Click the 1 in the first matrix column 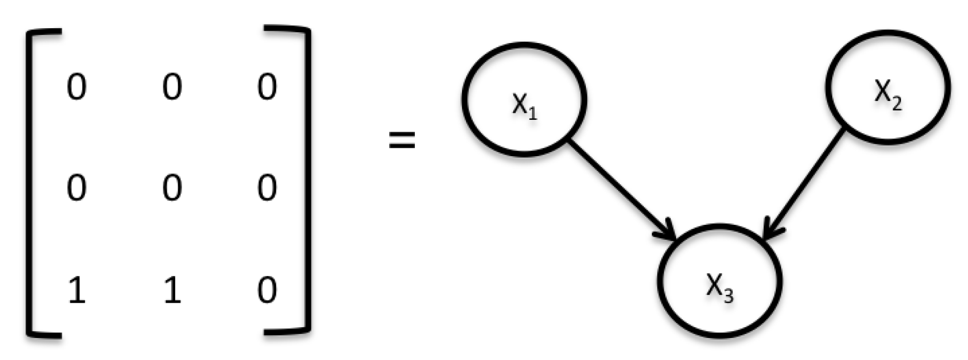point(77,290)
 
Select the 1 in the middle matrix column point(172,290)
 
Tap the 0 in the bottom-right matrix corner point(267,290)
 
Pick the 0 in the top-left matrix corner point(77,87)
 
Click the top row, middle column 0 point(172,87)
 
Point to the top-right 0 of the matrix point(267,87)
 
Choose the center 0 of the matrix point(172,187)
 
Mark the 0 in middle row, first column point(77,187)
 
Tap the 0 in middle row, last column point(267,187)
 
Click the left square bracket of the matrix point(31,183)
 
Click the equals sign point(402,139)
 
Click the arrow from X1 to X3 point(621,190)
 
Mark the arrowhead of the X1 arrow point(668,231)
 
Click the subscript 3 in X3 point(728,296)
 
